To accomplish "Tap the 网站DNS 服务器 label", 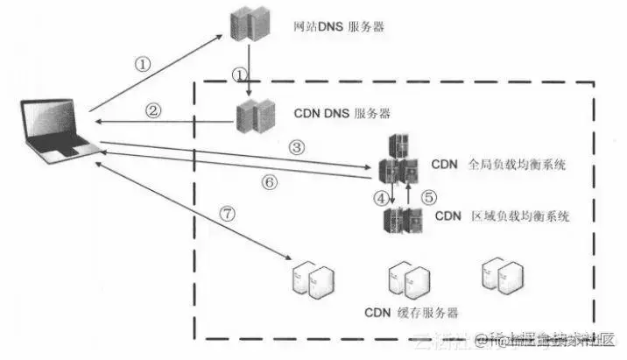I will pyautogui.click(x=339, y=27).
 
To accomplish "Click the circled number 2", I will pyautogui.click(x=154, y=110).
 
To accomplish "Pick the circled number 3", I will pyautogui.click(x=298, y=148).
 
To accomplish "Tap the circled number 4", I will pyautogui.click(x=381, y=198).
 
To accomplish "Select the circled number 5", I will pyautogui.click(x=428, y=198).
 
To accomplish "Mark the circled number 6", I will pyautogui.click(x=270, y=182).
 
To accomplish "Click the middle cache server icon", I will pyautogui.click(x=408, y=279).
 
